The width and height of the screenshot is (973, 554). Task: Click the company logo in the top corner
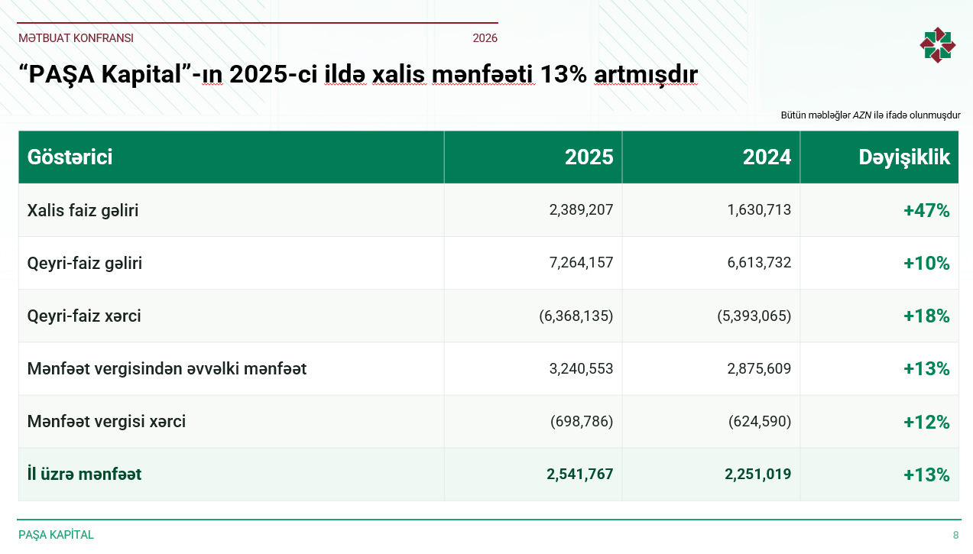click(x=937, y=45)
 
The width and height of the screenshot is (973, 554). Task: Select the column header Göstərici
click(x=70, y=157)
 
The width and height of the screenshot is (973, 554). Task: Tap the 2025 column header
click(x=589, y=157)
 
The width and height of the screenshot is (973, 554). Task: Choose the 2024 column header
click(x=767, y=157)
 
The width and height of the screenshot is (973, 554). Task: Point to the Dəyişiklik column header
click(x=904, y=157)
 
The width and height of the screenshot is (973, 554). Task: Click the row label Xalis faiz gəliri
click(x=83, y=210)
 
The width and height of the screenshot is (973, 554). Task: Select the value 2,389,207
click(x=581, y=209)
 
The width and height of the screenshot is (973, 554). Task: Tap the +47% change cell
click(x=926, y=211)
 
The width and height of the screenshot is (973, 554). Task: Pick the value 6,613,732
click(x=759, y=263)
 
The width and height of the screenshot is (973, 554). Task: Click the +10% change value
click(x=926, y=263)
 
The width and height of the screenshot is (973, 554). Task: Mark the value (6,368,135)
click(x=576, y=316)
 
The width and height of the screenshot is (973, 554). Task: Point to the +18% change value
click(x=926, y=316)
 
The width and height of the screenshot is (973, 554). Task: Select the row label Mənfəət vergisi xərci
click(x=106, y=421)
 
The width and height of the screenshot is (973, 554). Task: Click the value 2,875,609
click(x=759, y=368)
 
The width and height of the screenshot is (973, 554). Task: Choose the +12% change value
click(x=926, y=422)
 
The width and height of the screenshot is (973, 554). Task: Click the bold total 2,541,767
click(x=580, y=474)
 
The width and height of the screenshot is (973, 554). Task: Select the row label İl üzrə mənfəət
click(x=84, y=474)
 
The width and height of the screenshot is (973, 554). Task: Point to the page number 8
click(x=955, y=535)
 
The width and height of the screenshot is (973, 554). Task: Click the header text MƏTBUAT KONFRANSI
click(x=76, y=38)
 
